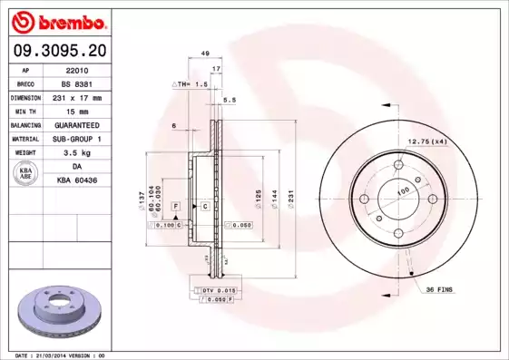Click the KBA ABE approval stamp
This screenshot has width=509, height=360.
(26, 174)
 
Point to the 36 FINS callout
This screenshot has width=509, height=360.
(438, 288)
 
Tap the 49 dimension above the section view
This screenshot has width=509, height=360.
(206, 54)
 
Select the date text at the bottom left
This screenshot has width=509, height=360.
(61, 355)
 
